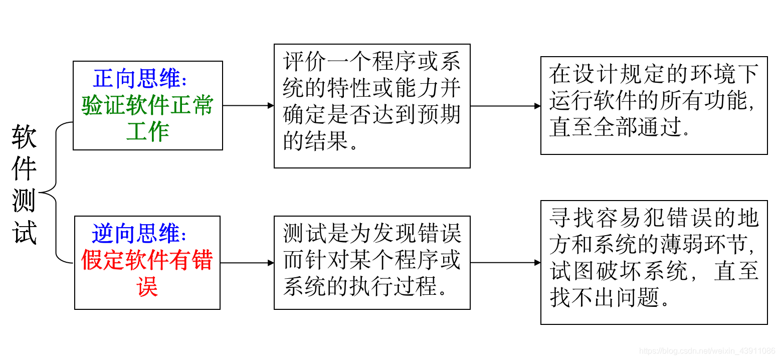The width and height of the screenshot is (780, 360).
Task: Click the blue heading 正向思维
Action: pyautogui.click(x=140, y=79)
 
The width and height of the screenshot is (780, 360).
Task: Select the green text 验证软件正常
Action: pyautogui.click(x=147, y=106)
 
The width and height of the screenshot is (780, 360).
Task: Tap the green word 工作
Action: pyautogui.click(x=147, y=132)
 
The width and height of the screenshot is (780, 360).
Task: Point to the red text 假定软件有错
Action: pyautogui.click(x=147, y=261)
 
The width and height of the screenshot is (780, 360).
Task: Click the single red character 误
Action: pyautogui.click(x=147, y=287)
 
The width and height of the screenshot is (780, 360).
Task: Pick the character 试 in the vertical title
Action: pyautogui.click(x=24, y=232)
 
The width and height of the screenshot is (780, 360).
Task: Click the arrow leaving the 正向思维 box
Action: pyautogui.click(x=248, y=106)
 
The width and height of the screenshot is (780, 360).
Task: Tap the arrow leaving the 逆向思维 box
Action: pyautogui.click(x=247, y=263)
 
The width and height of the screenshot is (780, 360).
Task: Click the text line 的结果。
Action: pyautogui.click(x=321, y=142)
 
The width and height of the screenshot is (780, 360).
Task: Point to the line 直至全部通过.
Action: pyautogui.click(x=619, y=127)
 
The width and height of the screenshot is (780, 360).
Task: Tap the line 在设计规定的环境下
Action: pyautogui.click(x=654, y=75)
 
